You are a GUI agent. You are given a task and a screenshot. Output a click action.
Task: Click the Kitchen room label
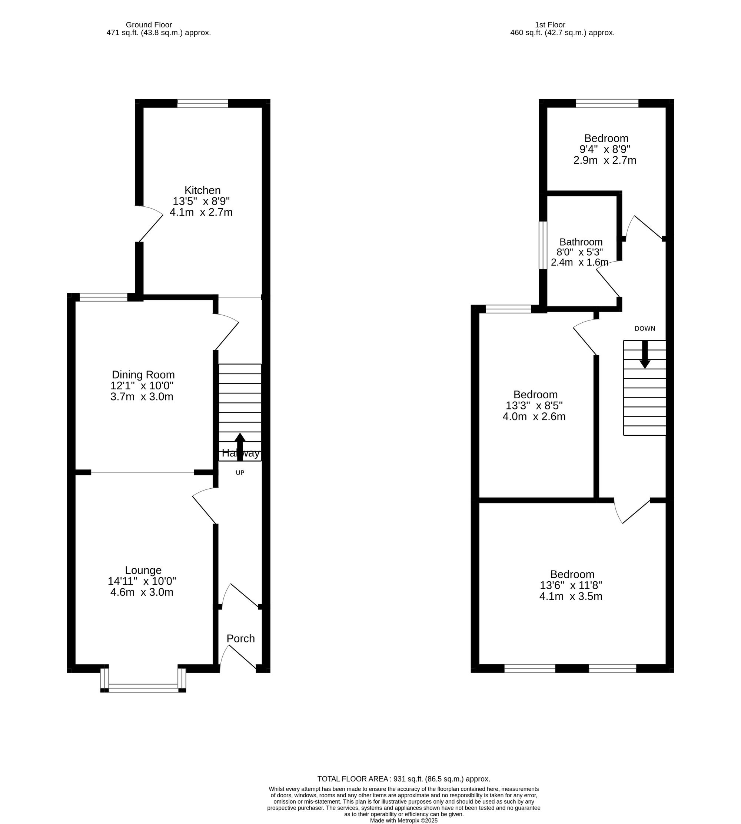[202, 190]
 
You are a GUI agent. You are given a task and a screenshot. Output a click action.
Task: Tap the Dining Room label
[143, 375]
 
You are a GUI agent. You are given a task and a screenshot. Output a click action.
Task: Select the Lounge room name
[143, 570]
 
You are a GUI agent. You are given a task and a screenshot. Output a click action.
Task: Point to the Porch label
[240, 638]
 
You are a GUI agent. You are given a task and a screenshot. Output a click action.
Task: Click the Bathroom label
[581, 242]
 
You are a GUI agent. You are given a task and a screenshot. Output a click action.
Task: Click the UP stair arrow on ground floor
[240, 446]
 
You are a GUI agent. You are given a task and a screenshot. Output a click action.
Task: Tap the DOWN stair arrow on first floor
[645, 354]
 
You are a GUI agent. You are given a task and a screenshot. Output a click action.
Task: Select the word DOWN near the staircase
[645, 329]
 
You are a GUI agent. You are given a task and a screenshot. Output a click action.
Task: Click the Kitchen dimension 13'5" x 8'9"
[201, 201]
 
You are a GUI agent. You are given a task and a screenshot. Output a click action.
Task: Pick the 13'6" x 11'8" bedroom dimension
[571, 585]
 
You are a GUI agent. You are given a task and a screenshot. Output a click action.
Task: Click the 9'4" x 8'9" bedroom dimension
[605, 149]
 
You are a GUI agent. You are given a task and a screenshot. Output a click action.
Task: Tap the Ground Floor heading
[149, 25]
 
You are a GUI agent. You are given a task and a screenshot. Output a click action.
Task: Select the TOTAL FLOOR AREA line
[403, 779]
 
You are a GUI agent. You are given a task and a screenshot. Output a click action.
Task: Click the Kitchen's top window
[202, 103]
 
